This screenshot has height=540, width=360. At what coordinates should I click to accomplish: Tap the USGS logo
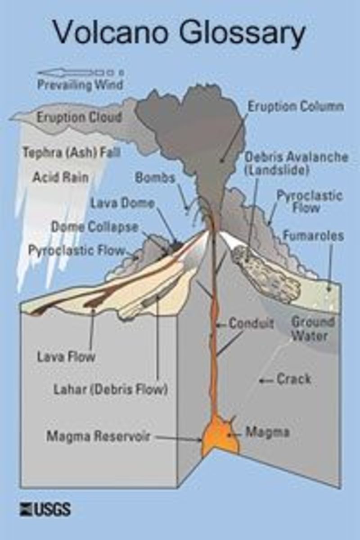pos(45,509)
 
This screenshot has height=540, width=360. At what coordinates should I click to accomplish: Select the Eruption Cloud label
pos(79,118)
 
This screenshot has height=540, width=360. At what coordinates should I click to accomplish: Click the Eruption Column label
pos(296,107)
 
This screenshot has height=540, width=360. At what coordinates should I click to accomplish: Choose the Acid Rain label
pos(60,177)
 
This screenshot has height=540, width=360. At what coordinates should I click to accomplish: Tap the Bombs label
pos(155,177)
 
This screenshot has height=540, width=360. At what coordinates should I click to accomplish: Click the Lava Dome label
pos(122,203)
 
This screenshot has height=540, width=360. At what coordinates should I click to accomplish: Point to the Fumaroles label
pos(313,236)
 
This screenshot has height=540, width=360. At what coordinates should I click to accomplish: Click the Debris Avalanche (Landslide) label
pos(296,163)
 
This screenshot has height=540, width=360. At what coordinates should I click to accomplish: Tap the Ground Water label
pos(313,328)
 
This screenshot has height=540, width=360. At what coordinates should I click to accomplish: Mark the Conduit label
pos(251,324)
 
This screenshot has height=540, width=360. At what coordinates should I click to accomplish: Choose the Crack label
pos(293,379)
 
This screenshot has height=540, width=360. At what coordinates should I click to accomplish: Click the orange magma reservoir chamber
pos(220,436)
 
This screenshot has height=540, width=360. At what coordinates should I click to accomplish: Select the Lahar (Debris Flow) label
pos(110,389)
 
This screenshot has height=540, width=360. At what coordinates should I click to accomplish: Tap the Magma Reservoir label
pos(98,436)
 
